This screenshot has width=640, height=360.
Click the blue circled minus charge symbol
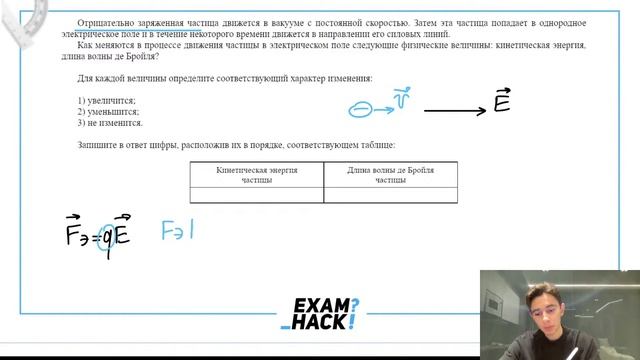(360, 110)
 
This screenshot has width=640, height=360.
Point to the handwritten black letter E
(502, 100)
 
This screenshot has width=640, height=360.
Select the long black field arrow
(454, 110)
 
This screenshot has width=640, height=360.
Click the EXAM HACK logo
(319, 313)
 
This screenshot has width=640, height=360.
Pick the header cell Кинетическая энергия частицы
(256, 174)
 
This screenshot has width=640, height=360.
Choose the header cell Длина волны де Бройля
(390, 174)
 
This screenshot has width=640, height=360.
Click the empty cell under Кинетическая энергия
(256, 195)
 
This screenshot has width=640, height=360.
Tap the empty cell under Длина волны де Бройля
(390, 195)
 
